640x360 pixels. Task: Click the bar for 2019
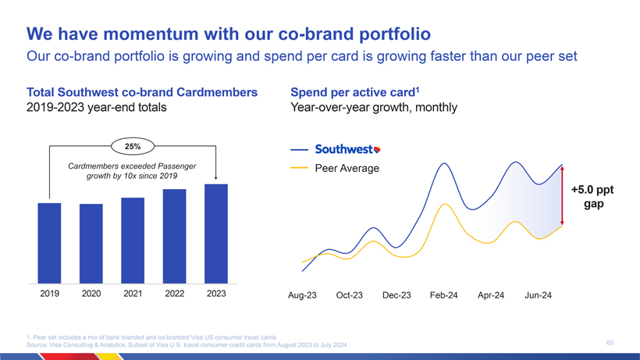coord(49,243)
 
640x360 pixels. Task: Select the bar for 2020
coord(91,243)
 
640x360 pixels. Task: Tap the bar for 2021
coord(133,240)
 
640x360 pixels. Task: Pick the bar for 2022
coord(175,236)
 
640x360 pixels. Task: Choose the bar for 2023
coord(216,233)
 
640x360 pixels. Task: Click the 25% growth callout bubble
coord(133,145)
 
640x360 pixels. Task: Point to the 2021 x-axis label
coord(133,294)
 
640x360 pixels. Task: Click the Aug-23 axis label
coord(302,295)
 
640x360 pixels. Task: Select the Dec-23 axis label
coord(396,295)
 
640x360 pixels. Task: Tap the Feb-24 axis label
coord(443,295)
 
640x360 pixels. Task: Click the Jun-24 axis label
coord(538,295)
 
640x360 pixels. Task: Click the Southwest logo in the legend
coord(347,149)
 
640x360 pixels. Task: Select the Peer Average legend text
coord(347,169)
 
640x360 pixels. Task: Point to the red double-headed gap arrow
coord(562,195)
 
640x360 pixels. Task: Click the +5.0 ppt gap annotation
coord(592,197)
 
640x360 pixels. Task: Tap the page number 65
coord(610,342)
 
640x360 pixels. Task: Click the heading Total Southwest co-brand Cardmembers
coord(142,92)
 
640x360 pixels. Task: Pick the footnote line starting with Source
coord(187,345)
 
